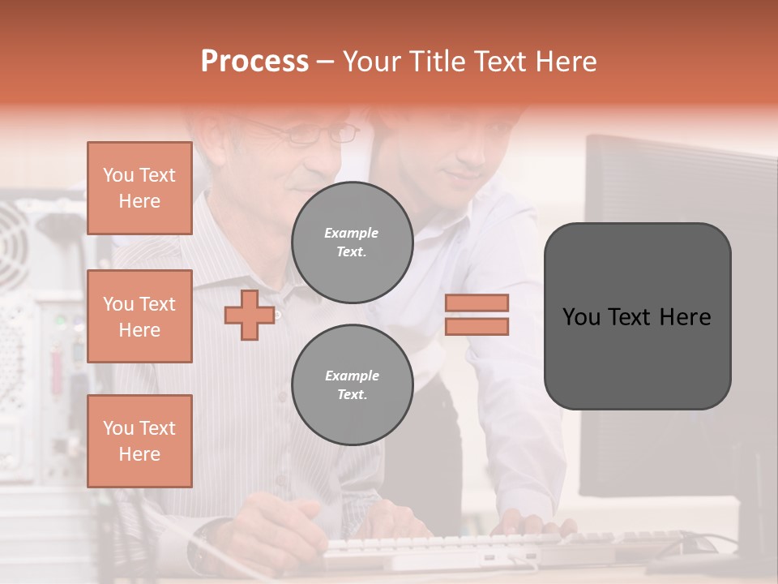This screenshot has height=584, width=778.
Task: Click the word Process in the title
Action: [254, 62]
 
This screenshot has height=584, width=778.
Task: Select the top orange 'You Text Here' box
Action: [139, 188]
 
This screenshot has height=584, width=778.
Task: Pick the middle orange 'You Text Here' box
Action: [139, 316]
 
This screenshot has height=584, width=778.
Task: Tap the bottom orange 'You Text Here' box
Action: [139, 440]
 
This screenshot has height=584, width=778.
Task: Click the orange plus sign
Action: [250, 315]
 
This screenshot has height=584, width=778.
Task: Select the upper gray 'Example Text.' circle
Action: [352, 242]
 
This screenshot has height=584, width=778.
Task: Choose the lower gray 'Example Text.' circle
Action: [352, 384]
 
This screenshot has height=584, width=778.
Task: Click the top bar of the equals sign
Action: [477, 303]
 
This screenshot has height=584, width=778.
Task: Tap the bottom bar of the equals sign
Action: [477, 326]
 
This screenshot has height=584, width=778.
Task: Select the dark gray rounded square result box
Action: [637, 316]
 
